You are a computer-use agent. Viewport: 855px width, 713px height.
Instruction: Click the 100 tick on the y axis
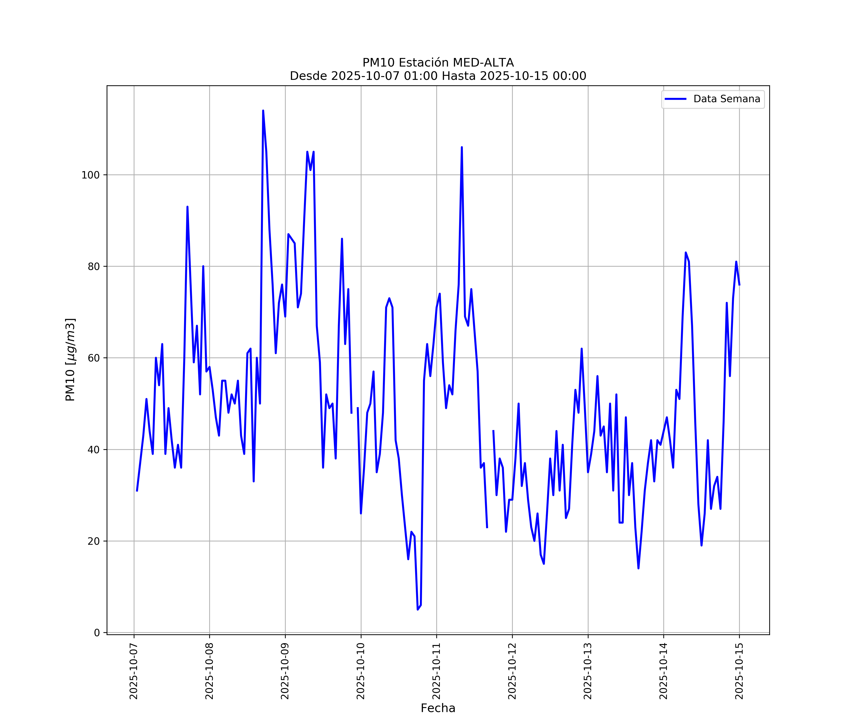(90, 175)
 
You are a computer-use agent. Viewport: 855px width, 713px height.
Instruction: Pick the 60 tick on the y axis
(94, 358)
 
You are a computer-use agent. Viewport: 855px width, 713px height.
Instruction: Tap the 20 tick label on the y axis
(94, 541)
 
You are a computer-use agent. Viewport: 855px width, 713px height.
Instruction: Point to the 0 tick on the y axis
(97, 633)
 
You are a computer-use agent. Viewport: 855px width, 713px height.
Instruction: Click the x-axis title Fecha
(438, 708)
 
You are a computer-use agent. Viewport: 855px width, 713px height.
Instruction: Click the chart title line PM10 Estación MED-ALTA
(438, 63)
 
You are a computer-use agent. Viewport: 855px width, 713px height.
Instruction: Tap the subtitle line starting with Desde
(438, 76)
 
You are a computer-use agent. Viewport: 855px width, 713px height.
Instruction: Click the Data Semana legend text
(727, 99)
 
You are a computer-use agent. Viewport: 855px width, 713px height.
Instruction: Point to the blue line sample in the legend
(675, 99)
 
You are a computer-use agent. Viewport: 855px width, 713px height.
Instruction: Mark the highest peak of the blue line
(263, 111)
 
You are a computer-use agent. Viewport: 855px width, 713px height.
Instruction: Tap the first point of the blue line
(137, 491)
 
